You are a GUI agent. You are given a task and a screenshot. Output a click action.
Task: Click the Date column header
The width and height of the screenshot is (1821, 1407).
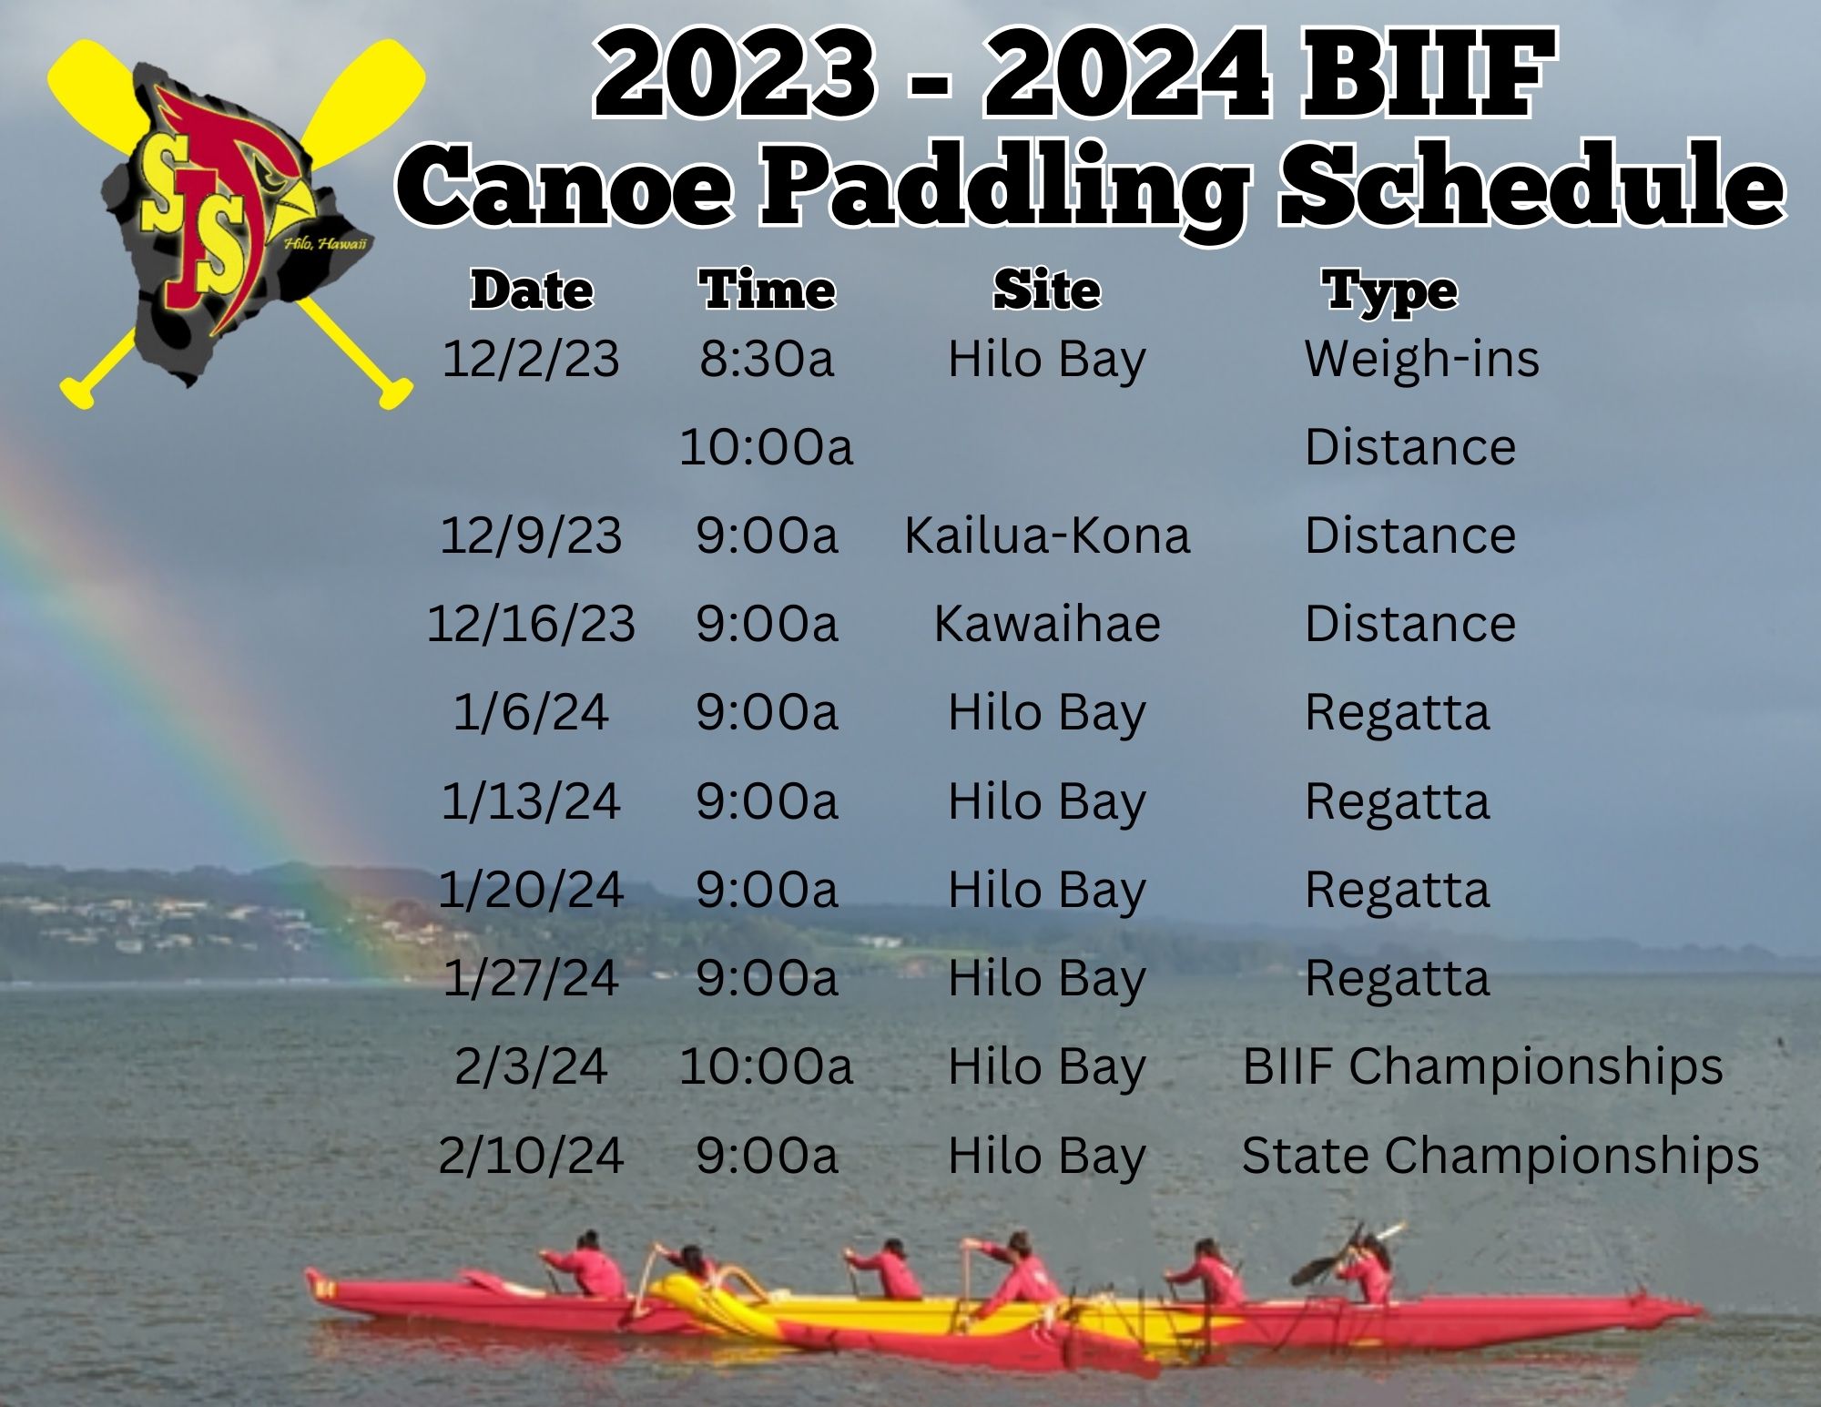(x=532, y=291)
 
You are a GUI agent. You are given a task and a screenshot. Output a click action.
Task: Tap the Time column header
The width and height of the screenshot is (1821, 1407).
(x=767, y=291)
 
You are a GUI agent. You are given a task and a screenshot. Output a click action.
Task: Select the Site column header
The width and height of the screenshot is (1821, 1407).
(x=1047, y=291)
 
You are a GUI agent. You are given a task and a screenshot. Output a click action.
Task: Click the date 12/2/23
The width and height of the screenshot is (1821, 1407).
(x=531, y=358)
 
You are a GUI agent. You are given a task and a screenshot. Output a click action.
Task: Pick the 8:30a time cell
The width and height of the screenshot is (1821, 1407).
(x=767, y=358)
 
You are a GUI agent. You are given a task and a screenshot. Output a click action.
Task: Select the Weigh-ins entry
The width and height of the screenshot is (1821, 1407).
(x=1421, y=358)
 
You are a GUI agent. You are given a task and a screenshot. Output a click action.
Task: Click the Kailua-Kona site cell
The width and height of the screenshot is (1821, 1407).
(x=1047, y=535)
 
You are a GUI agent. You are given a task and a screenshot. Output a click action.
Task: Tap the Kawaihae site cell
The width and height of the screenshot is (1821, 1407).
(x=1047, y=624)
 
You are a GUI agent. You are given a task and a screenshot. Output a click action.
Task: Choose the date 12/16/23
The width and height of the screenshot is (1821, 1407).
(x=531, y=624)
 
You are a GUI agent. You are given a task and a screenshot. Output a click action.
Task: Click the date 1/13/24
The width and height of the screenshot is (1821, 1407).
(x=531, y=801)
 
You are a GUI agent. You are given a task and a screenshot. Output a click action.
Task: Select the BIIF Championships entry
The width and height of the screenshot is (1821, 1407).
(x=1482, y=1066)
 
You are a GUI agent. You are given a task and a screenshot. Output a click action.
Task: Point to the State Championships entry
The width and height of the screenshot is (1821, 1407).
(x=1500, y=1156)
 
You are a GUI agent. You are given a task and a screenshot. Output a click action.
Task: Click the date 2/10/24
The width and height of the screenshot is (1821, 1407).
(x=531, y=1156)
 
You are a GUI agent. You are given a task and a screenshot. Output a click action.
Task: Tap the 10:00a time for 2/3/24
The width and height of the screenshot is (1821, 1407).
(x=767, y=1066)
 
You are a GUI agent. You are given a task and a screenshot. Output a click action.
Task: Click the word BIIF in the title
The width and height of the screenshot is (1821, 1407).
(x=1428, y=75)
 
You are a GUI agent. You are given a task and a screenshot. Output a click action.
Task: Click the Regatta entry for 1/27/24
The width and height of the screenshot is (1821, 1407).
(x=1397, y=979)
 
